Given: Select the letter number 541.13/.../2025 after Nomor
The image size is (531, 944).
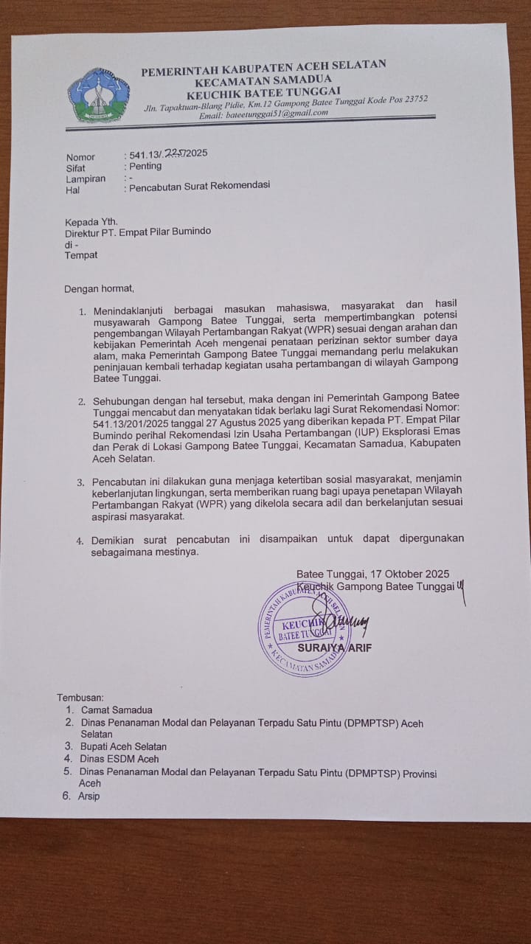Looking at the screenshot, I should (x=168, y=154).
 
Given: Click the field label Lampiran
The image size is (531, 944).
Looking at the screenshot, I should (x=85, y=178).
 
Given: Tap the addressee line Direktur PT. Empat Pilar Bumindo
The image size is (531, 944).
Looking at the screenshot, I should (x=138, y=232).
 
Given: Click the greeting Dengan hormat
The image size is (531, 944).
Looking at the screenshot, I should (x=100, y=288).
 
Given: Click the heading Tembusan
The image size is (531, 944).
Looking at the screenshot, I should (x=81, y=697).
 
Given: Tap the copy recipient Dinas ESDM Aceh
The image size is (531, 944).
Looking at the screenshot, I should (x=119, y=758).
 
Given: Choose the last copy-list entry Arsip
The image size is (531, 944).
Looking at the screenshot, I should (x=88, y=796).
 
